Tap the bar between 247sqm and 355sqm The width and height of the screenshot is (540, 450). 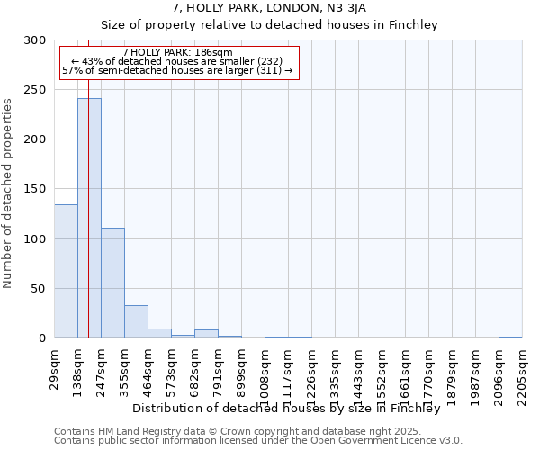point(112,283)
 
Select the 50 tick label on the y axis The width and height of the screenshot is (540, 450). point(38,289)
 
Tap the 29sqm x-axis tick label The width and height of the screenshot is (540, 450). point(55,369)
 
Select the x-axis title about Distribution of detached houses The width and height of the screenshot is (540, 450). point(292,409)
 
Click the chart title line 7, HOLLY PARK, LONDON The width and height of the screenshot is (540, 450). point(269,8)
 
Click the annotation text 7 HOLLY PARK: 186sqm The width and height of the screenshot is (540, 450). point(177,52)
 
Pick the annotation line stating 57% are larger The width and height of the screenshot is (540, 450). point(177,70)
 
